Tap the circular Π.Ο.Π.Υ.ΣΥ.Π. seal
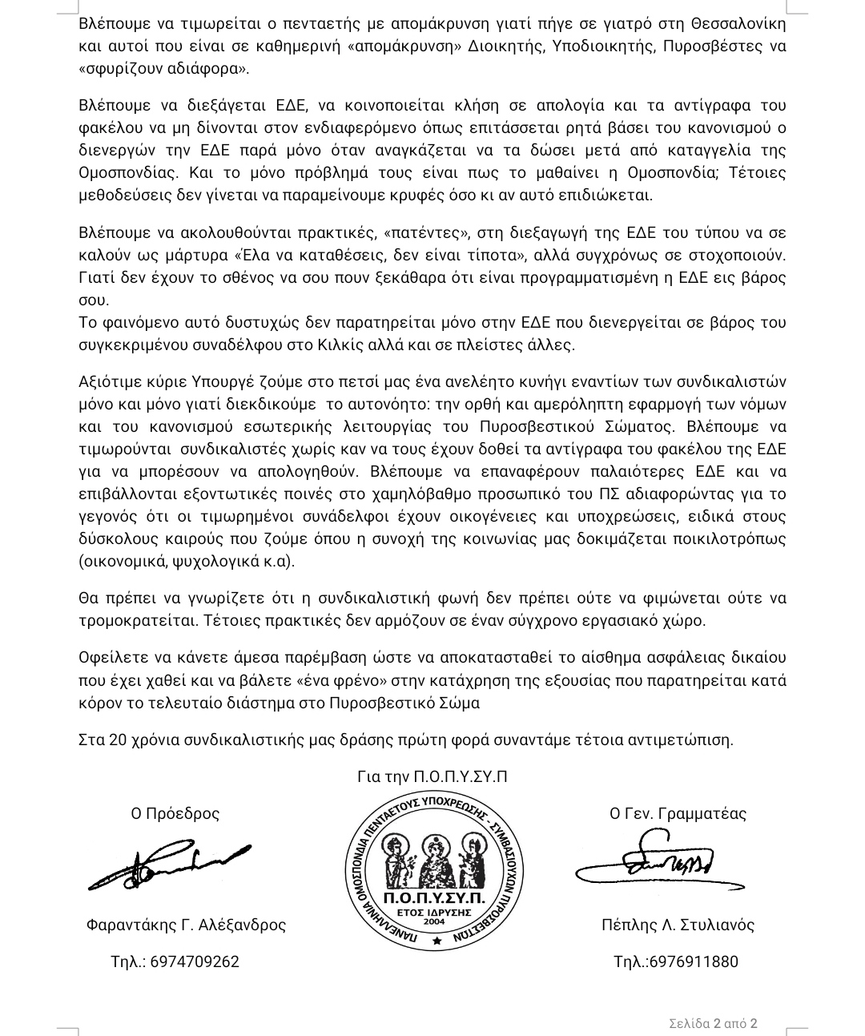tap(434, 873)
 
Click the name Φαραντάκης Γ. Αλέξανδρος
tap(186, 925)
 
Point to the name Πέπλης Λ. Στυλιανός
tap(678, 925)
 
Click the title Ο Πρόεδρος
tap(175, 814)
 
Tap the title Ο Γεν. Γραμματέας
tap(678, 814)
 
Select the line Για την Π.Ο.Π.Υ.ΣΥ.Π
tap(432, 777)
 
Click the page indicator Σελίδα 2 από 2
tap(713, 1023)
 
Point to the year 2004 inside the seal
tap(434, 921)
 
